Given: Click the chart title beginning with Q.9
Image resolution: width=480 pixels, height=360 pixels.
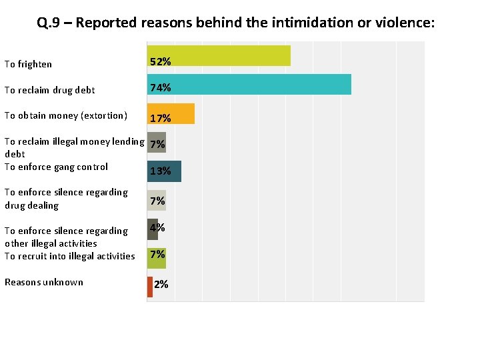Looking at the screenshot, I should [x=236, y=23].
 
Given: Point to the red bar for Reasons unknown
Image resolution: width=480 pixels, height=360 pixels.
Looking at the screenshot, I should [x=150, y=286].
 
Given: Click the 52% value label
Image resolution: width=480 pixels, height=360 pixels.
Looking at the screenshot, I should [x=160, y=61].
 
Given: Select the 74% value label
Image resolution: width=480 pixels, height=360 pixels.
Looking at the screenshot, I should [x=160, y=88].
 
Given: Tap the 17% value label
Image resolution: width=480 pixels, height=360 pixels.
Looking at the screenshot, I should [x=160, y=119].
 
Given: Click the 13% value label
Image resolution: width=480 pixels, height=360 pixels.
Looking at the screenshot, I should [x=160, y=171].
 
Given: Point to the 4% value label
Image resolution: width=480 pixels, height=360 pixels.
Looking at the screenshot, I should [x=157, y=227].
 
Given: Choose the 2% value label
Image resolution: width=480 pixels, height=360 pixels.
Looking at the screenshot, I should [x=161, y=285].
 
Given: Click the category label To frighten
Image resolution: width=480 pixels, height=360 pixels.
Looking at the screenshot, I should [x=28, y=65].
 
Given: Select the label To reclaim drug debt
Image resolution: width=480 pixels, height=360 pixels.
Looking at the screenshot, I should [x=50, y=90].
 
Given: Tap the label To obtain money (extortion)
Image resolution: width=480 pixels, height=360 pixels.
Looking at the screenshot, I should [x=65, y=115].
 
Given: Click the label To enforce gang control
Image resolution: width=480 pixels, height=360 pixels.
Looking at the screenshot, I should [x=56, y=167].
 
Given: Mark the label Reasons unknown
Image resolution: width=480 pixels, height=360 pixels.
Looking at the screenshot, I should [x=44, y=282].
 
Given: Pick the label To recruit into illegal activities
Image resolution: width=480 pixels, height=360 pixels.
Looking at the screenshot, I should [x=69, y=256].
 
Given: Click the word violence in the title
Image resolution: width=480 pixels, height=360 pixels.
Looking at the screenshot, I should [x=405, y=23].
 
